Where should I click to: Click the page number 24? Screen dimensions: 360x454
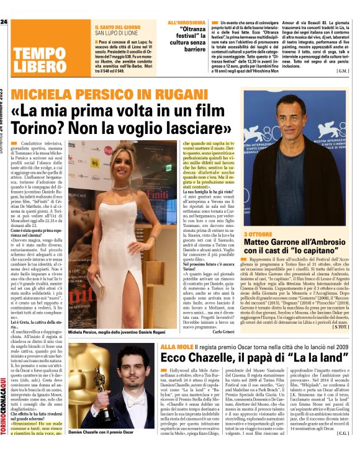tap(5, 22)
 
